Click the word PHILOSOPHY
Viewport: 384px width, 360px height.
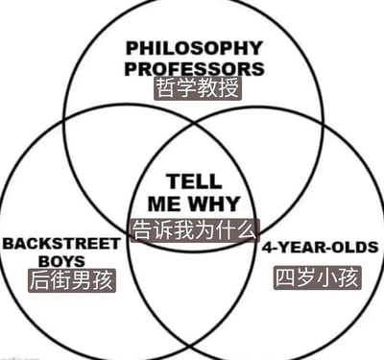point(194,48)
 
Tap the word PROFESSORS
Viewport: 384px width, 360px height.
point(195,69)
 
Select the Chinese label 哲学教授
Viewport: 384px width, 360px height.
point(198,88)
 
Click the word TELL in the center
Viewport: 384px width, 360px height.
point(194,181)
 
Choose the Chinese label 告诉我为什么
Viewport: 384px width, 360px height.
point(195,230)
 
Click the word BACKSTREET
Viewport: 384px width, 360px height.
point(61,244)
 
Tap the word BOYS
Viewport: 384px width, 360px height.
point(61,261)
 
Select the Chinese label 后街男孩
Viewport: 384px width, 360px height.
point(72,280)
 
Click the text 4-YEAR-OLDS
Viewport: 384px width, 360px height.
point(321,248)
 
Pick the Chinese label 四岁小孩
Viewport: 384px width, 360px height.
point(318,277)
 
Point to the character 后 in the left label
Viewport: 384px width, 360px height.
point(40,280)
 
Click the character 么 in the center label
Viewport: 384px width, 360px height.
point(247,230)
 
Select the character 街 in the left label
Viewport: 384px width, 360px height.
point(61,280)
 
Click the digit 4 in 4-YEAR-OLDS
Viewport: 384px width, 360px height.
point(268,248)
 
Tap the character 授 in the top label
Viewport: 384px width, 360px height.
point(228,88)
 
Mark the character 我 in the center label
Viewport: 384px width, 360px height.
point(184,230)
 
